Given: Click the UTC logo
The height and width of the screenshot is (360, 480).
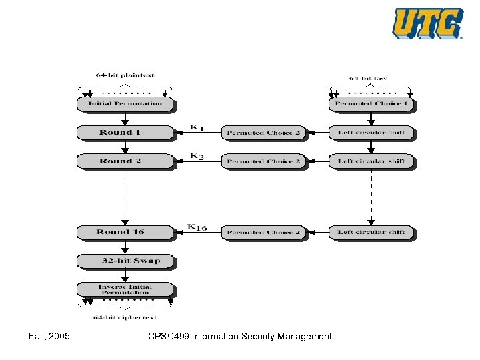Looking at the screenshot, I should (x=427, y=24).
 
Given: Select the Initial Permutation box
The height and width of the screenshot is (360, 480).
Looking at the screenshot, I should (x=125, y=104).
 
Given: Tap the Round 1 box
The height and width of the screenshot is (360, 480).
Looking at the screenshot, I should (x=125, y=133).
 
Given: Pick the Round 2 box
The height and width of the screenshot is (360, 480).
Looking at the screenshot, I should (x=125, y=161).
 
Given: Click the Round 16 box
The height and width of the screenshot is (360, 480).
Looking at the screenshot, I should (x=125, y=233).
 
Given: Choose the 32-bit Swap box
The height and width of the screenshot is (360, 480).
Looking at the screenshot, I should (x=125, y=261).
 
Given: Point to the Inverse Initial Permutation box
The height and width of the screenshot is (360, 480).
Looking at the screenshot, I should (x=125, y=289).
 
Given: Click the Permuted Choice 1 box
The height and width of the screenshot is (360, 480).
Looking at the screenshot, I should (x=371, y=104).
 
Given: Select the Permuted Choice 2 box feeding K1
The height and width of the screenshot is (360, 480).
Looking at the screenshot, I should (x=263, y=133).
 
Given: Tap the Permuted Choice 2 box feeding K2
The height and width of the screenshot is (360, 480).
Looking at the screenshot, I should (x=263, y=161).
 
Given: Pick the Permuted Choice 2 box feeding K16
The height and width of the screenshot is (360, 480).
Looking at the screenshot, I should (x=263, y=233).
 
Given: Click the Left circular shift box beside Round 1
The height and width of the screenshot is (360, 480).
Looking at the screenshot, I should (x=371, y=133).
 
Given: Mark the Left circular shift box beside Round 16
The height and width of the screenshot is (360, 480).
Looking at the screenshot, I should (x=371, y=233).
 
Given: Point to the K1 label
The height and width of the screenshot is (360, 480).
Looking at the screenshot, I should (x=197, y=127).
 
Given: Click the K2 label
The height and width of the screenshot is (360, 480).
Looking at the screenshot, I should (x=197, y=156).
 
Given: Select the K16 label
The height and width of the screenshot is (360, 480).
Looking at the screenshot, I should (x=197, y=227).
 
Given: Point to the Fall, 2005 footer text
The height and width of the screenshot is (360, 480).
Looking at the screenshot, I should (x=49, y=336).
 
